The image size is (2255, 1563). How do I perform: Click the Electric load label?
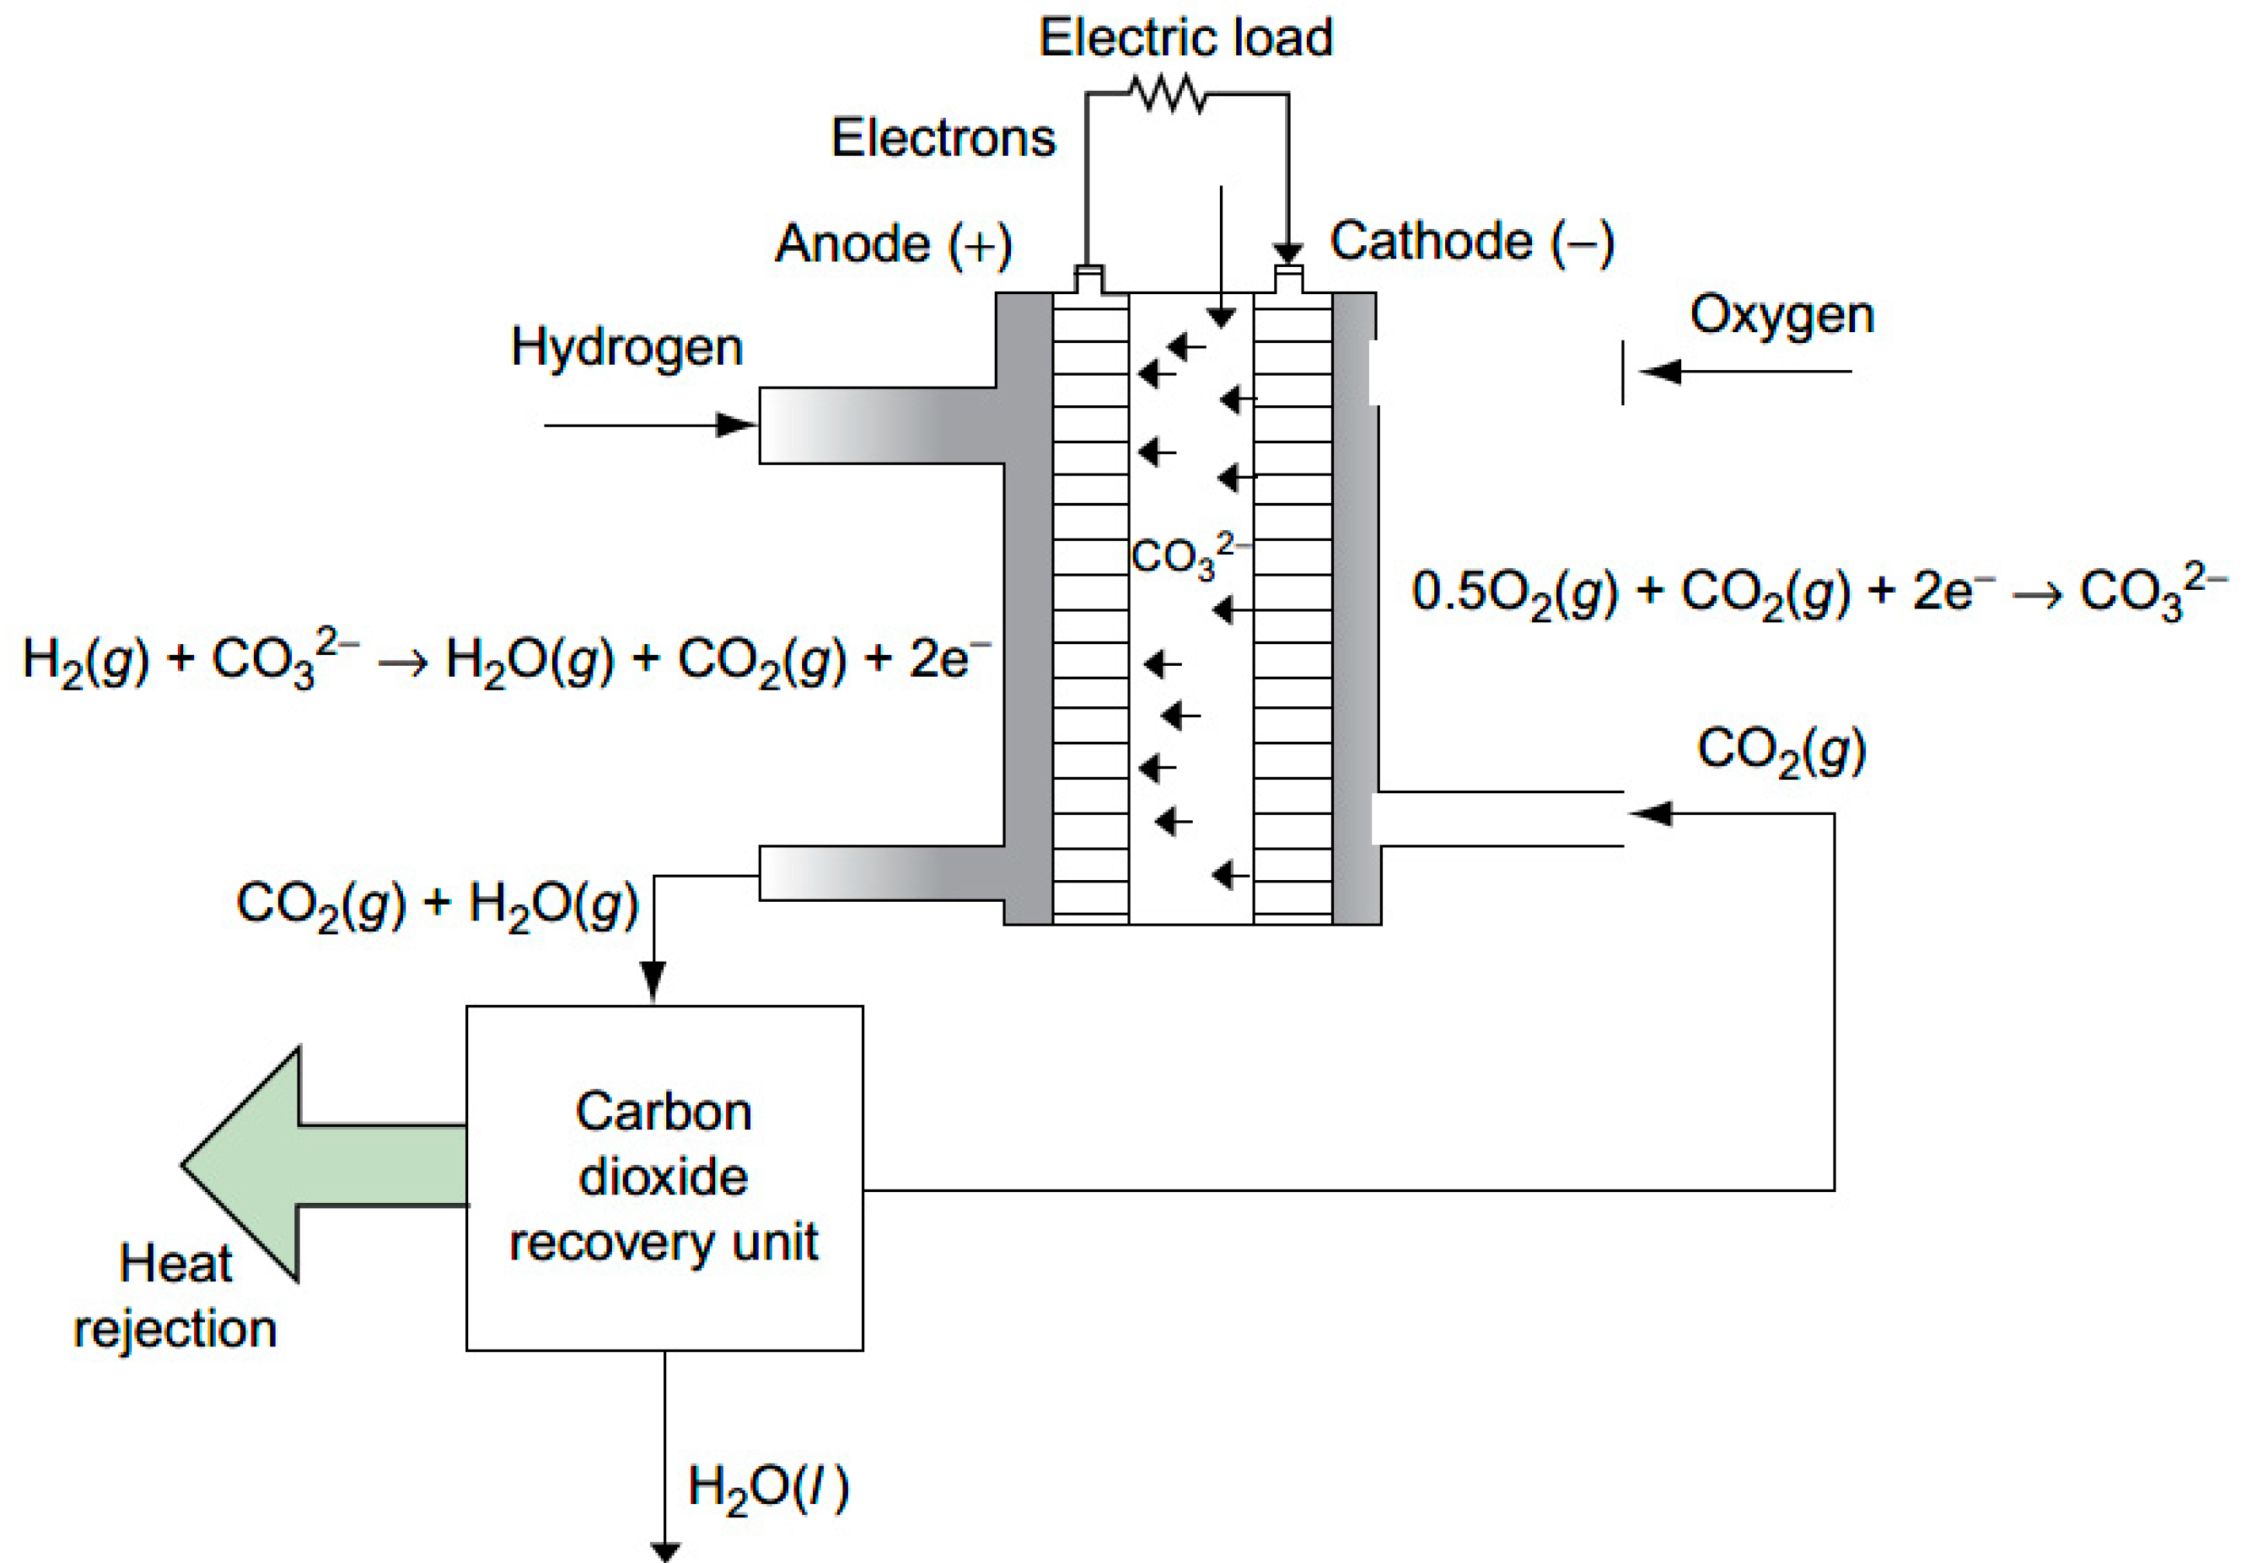(x=1185, y=38)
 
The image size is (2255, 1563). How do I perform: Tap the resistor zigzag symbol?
(x=1168, y=95)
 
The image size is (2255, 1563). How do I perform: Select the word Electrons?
(x=943, y=137)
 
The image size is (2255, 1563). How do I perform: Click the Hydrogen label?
(x=627, y=348)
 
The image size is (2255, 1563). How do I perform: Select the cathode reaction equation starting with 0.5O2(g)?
(x=1818, y=592)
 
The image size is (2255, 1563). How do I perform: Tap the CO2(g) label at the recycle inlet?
(x=1781, y=750)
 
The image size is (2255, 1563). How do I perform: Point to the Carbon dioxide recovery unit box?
(x=664, y=1177)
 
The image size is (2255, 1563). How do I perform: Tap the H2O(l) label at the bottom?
(x=767, y=1488)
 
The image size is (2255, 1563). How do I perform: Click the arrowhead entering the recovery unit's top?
(x=652, y=980)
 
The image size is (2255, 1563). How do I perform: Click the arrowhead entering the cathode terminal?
(x=1287, y=254)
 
